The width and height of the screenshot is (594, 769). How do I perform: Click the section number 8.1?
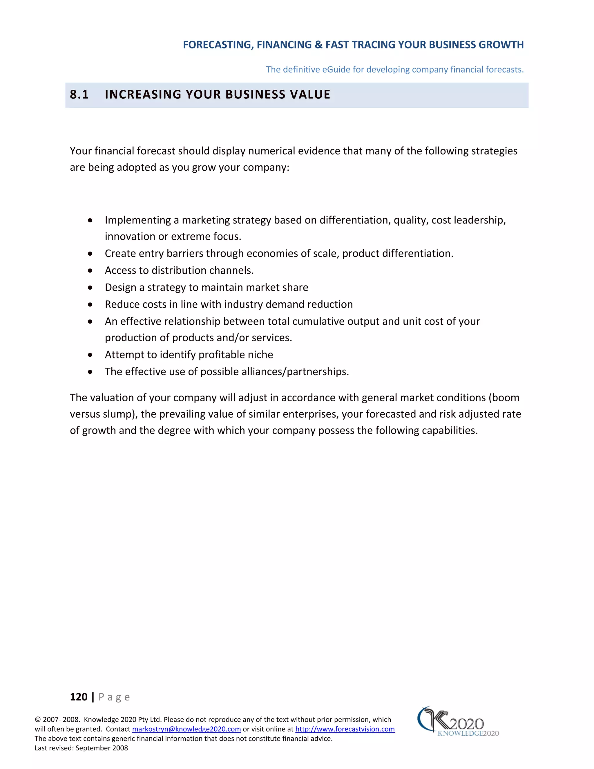79,94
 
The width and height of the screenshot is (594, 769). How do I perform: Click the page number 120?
79,697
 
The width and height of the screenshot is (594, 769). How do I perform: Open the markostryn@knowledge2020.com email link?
186,729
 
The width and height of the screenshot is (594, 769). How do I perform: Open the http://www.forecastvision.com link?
345,729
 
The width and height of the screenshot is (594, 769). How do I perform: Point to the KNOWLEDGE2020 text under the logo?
468,733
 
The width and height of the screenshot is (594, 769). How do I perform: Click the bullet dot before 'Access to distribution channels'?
90,270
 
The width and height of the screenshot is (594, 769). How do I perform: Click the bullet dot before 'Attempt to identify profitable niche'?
90,355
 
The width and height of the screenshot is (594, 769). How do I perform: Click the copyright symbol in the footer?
38,720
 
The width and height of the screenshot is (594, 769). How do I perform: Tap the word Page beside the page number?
114,697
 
